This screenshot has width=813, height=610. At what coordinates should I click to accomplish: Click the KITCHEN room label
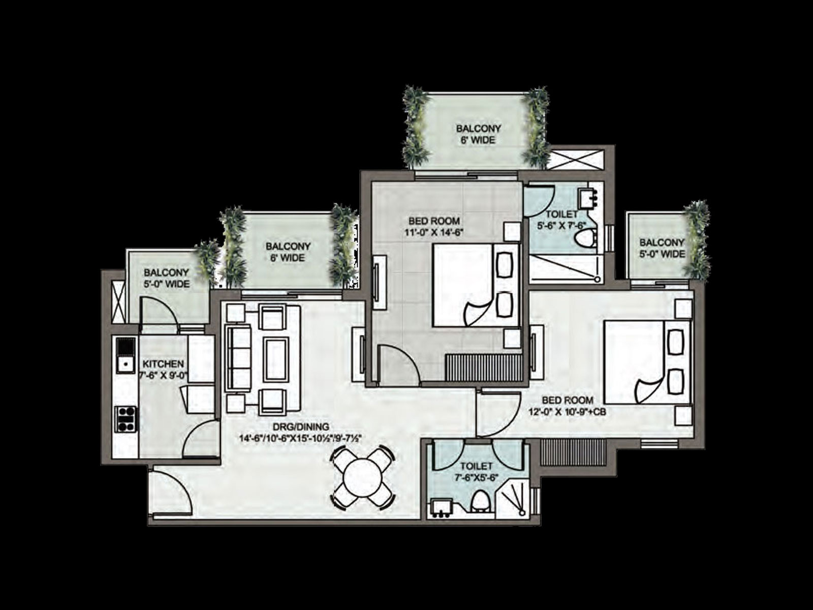click(163, 364)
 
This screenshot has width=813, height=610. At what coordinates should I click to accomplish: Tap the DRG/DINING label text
click(300, 426)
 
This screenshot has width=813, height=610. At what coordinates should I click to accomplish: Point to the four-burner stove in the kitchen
click(126, 419)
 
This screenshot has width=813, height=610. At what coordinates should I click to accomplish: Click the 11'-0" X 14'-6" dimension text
click(434, 233)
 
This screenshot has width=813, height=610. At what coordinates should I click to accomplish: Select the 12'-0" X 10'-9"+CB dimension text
click(567, 411)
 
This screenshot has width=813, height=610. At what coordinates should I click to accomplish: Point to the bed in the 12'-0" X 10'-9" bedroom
click(647, 362)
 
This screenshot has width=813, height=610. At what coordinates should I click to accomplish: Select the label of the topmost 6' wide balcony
click(478, 134)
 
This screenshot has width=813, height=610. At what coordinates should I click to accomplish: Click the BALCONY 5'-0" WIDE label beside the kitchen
click(167, 278)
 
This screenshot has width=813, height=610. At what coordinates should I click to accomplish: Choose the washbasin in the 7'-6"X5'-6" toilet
click(442, 508)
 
